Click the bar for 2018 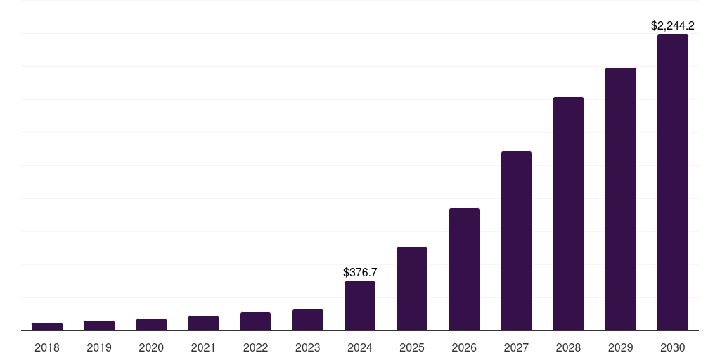point(47,326)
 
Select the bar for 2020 point(151,324)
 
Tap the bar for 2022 point(255,321)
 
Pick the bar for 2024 point(359,306)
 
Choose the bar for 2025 point(412,288)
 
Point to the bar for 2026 point(464,269)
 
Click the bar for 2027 point(516,240)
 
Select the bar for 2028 point(568,214)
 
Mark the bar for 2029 point(620,199)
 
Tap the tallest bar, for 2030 point(673,182)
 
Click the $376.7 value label point(360,272)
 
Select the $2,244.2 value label point(673,26)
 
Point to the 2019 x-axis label point(99,347)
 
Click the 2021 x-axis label point(203,347)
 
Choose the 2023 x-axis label point(307,347)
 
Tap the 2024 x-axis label point(359,347)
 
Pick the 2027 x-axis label point(516,347)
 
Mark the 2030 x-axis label point(673,347)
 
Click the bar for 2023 point(307,320)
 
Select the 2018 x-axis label point(47,347)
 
